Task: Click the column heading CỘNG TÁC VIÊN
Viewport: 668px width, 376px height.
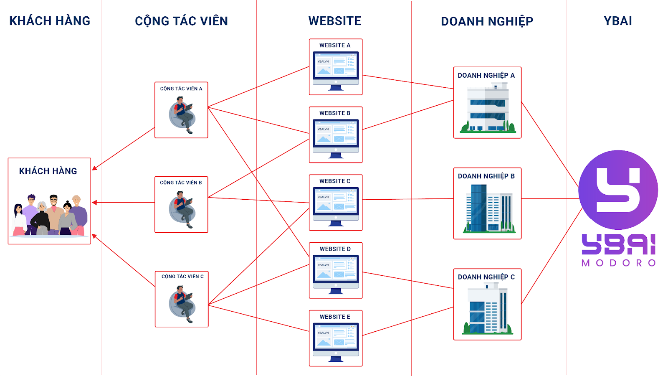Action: pyautogui.click(x=181, y=21)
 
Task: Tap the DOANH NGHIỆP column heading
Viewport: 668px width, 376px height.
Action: pyautogui.click(x=487, y=21)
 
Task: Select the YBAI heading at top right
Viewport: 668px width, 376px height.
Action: pyautogui.click(x=617, y=21)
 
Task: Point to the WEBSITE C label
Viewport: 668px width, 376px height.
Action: pyautogui.click(x=335, y=181)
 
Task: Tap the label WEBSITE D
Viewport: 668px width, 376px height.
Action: pyautogui.click(x=335, y=249)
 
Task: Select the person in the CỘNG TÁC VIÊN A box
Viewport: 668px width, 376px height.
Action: pyautogui.click(x=182, y=114)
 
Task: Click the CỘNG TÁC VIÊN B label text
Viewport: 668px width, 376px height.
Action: pyautogui.click(x=181, y=183)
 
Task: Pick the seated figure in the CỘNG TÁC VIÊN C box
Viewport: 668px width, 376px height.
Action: pyautogui.click(x=182, y=304)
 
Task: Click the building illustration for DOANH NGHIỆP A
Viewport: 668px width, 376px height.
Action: pyautogui.click(x=488, y=108)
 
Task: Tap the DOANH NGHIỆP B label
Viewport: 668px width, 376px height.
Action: pyautogui.click(x=486, y=176)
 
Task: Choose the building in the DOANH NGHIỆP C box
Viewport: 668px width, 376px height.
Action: pyautogui.click(x=488, y=309)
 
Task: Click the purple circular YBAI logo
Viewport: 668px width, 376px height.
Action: pyautogui.click(x=618, y=190)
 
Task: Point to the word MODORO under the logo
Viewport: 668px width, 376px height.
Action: pyautogui.click(x=618, y=263)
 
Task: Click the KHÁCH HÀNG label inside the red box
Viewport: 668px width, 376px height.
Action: pyautogui.click(x=48, y=171)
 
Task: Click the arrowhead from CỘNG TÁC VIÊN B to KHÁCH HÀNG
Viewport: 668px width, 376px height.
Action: pyautogui.click(x=94, y=203)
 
